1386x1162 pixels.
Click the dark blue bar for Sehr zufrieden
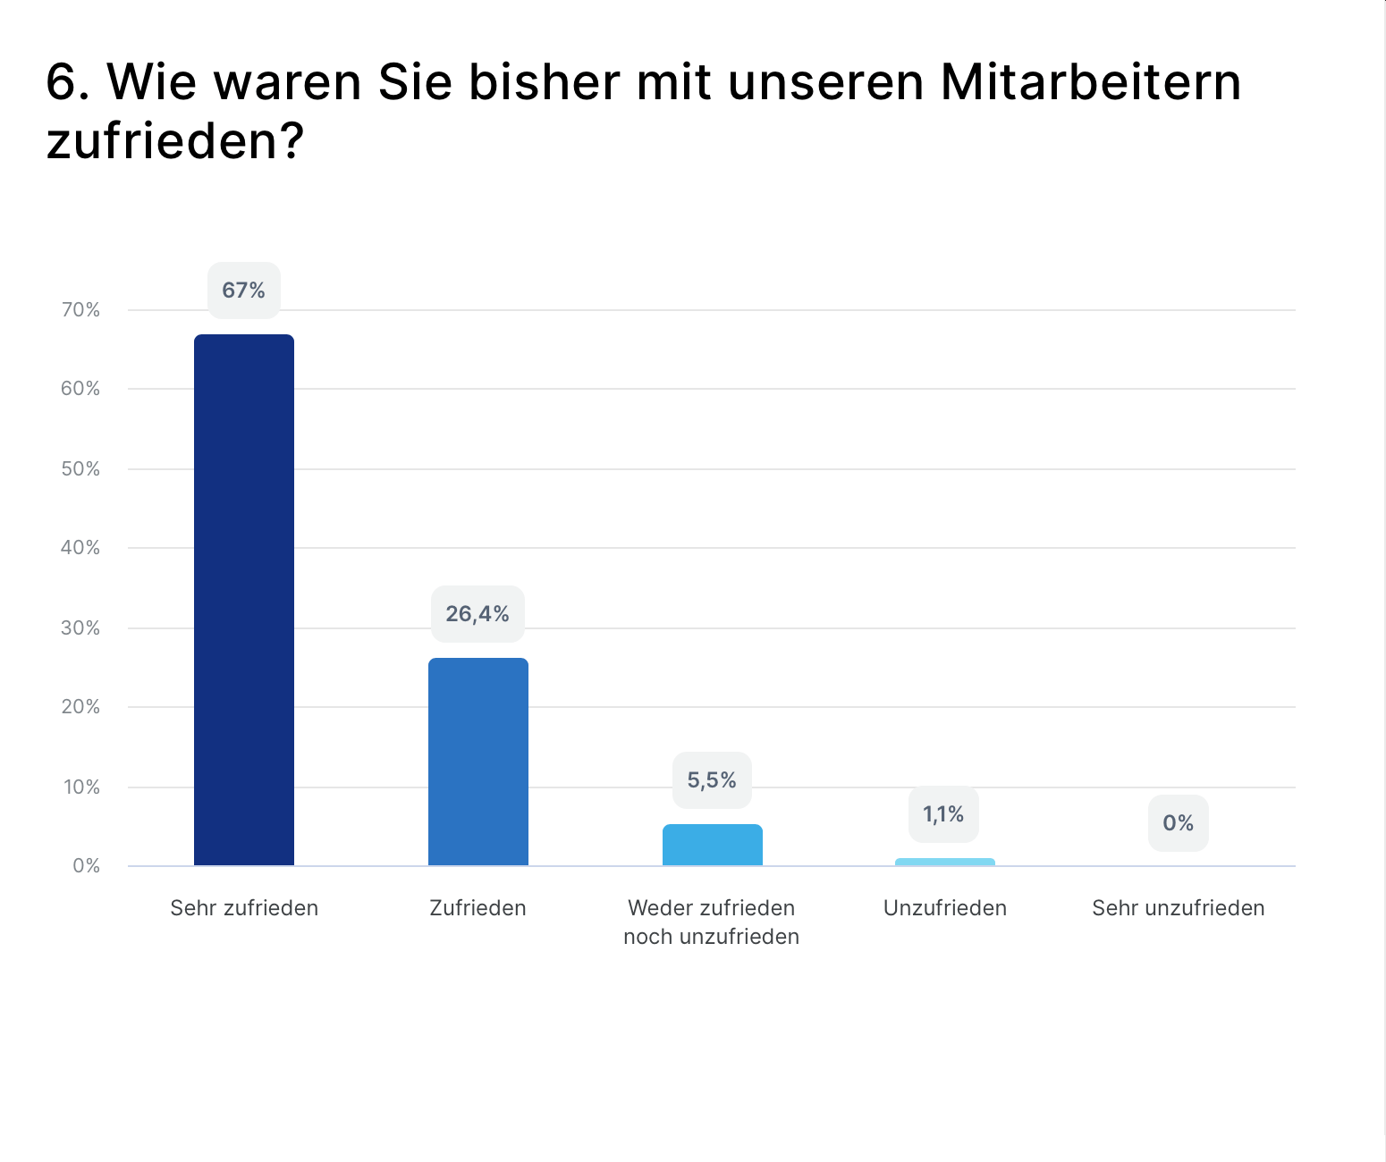tap(244, 599)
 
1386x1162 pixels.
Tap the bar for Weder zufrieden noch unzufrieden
tap(713, 845)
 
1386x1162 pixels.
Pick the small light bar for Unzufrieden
tap(945, 862)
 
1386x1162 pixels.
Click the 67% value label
tap(244, 290)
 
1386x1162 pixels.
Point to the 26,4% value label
tap(477, 614)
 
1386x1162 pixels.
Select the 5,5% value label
tap(712, 780)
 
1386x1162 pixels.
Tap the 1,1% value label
tap(943, 814)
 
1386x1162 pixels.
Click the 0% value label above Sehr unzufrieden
tap(1179, 823)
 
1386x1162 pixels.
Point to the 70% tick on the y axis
tap(80, 310)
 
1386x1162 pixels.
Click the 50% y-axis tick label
tap(80, 469)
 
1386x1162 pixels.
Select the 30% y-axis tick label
tap(80, 628)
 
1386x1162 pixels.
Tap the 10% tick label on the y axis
tap(80, 787)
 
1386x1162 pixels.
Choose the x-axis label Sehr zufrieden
tap(244, 908)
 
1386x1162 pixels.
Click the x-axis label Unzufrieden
tap(945, 908)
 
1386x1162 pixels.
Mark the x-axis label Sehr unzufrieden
tap(1179, 908)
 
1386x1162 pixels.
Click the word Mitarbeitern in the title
tap(1091, 82)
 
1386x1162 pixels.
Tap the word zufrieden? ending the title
tap(175, 141)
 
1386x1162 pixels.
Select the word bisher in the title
tap(545, 82)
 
